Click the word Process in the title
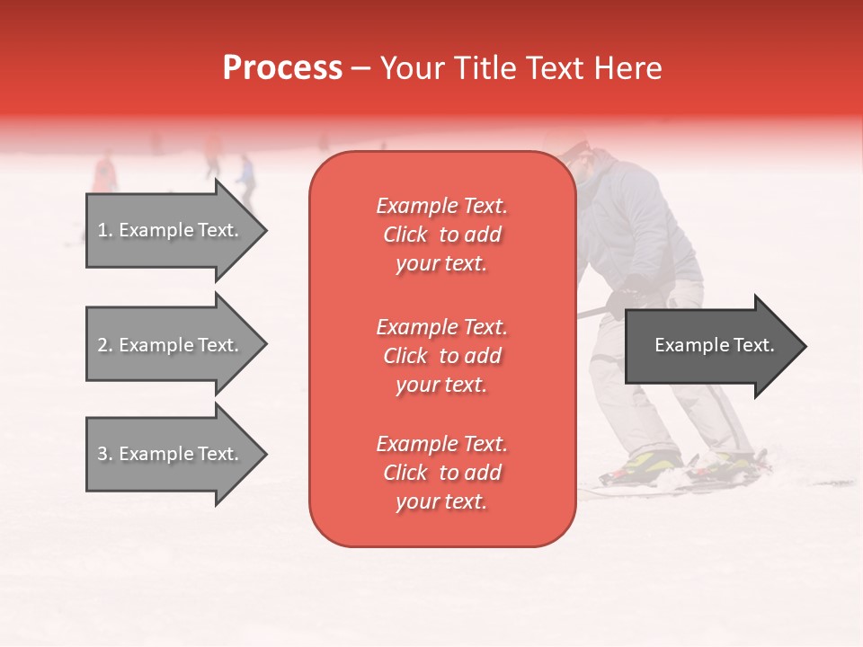click(x=282, y=68)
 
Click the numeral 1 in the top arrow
click(x=102, y=230)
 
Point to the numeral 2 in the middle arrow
click(x=102, y=345)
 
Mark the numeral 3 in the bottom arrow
click(x=102, y=454)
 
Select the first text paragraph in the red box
click(x=441, y=235)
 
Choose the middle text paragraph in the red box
click(x=441, y=356)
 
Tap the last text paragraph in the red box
click(x=441, y=473)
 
